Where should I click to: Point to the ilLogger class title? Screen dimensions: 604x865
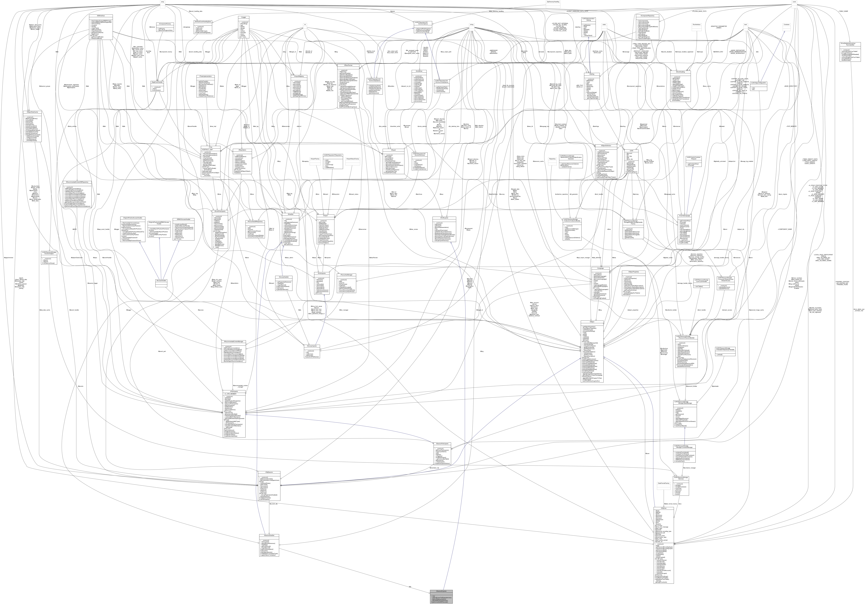pos(243,17)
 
